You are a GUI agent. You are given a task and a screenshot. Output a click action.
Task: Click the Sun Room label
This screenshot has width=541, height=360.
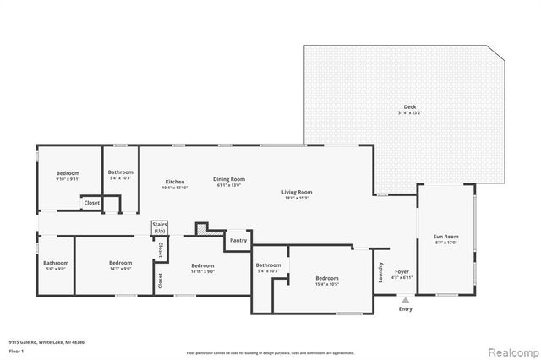click(x=445, y=239)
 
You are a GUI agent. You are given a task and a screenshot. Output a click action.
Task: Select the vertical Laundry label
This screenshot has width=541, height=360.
click(x=380, y=273)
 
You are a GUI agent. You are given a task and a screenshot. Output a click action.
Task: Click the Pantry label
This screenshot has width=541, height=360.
click(x=238, y=241)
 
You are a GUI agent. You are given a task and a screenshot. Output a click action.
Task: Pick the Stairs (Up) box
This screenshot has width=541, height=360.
click(x=159, y=228)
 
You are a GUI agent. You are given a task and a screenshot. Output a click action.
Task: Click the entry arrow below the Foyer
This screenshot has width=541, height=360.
click(x=405, y=299)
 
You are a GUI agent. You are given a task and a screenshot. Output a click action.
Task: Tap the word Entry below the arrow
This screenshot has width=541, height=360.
click(x=406, y=309)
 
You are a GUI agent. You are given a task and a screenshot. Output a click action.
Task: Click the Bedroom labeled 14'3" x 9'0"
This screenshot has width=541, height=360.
click(x=120, y=265)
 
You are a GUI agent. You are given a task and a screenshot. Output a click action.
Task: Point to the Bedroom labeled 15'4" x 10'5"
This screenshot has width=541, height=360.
click(x=327, y=281)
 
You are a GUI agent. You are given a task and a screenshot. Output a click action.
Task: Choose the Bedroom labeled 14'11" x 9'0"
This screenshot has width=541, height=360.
click(x=202, y=268)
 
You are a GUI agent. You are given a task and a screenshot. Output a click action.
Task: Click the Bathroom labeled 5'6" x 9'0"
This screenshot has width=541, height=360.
click(x=56, y=265)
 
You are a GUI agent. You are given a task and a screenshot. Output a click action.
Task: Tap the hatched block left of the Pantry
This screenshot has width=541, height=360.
click(x=202, y=228)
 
